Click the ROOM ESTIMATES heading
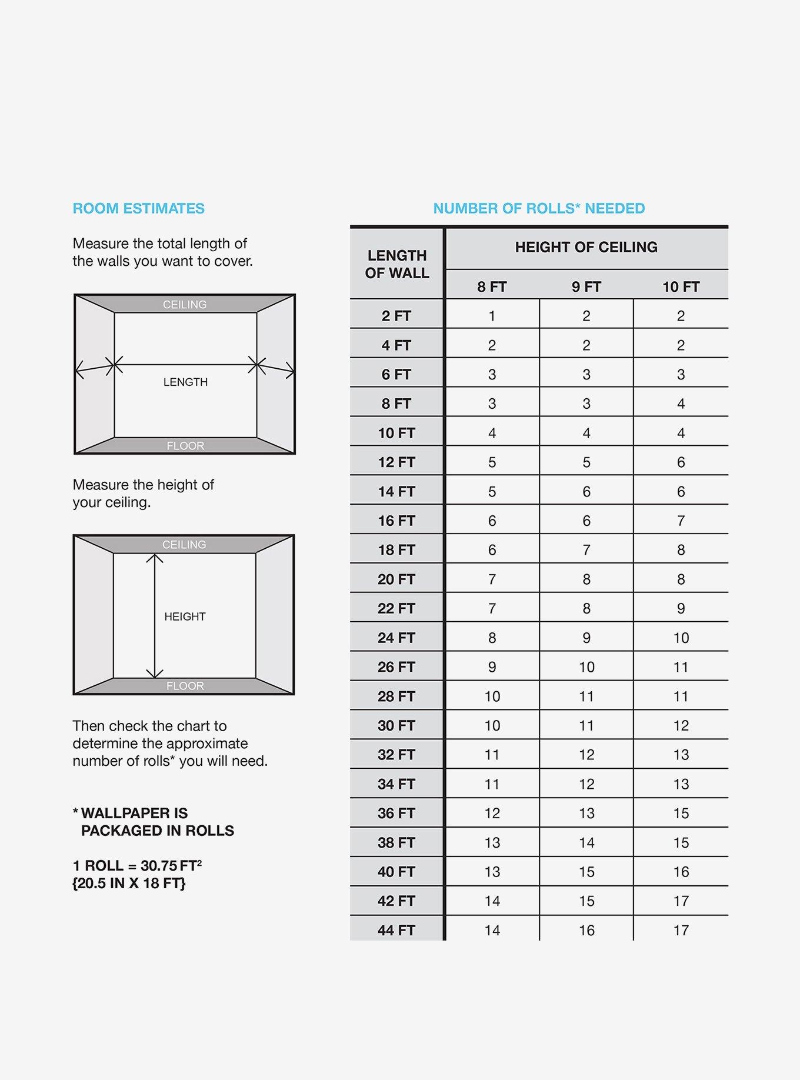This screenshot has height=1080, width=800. coord(138,208)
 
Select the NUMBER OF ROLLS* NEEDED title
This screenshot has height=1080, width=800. coord(539,208)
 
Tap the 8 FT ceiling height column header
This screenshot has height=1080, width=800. coord(492,287)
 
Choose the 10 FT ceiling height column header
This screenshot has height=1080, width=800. coord(681,287)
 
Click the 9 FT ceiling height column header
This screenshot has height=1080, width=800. coord(586,287)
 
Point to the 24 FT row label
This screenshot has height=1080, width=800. coord(396,638)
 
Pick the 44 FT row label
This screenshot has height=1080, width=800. coord(396,931)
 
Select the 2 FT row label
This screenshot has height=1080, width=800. coord(396,316)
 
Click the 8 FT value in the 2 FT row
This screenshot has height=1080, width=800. coord(492,316)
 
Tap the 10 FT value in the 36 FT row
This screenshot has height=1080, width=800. coord(681,814)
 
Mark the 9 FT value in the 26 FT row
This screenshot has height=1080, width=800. coord(586,667)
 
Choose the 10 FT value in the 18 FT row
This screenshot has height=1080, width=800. coord(681,550)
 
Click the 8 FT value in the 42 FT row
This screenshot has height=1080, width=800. coord(492,901)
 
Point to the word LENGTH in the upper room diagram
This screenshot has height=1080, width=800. coord(185,382)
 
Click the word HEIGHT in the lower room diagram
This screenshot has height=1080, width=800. coord(185,616)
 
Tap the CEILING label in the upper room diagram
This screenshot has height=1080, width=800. coord(185,304)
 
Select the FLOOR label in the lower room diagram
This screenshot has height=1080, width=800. coord(185,686)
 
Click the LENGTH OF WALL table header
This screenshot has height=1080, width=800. coord(397,264)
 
